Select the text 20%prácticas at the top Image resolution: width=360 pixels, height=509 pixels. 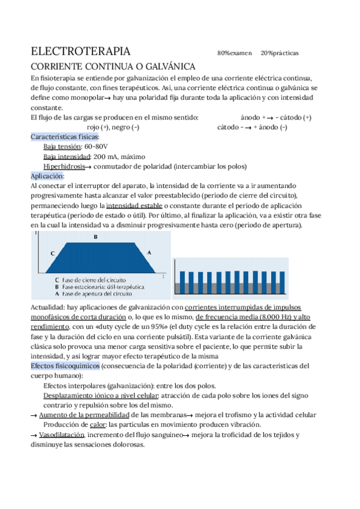click(280, 53)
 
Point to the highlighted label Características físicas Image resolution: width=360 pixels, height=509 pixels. click(65, 137)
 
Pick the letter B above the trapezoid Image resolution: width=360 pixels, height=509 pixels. click(95, 237)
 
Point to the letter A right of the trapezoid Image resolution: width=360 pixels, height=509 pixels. click(149, 253)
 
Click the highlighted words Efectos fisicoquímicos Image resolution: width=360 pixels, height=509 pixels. click(65, 366)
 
